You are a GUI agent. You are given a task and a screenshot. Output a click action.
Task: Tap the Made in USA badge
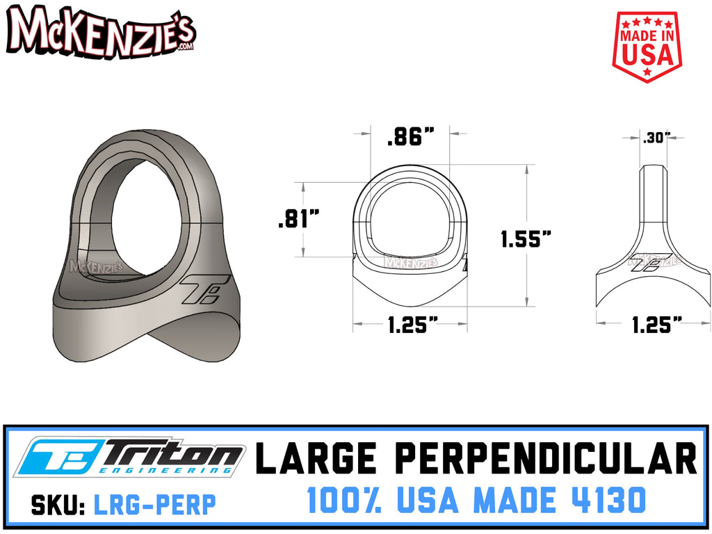pyautogui.click(x=646, y=47)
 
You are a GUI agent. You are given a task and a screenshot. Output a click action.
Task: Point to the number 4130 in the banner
pyautogui.click(x=606, y=499)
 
